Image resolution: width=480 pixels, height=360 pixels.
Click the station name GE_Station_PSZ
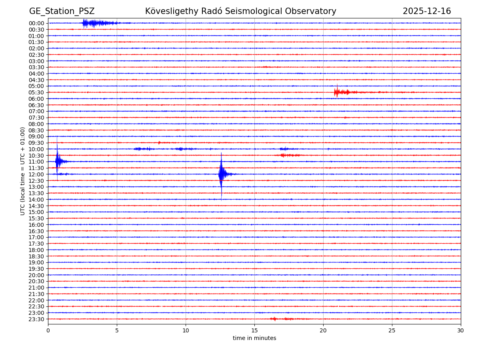62,12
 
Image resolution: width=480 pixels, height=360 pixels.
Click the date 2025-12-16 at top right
426,12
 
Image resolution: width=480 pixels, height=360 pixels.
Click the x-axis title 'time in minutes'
254,338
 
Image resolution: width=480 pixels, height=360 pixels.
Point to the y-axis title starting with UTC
23,171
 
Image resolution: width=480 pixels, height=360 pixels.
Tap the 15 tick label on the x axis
254,331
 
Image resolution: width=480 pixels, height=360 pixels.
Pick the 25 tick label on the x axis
392,331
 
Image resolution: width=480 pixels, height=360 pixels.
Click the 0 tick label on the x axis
48,331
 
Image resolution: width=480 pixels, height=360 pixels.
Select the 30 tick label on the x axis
461,331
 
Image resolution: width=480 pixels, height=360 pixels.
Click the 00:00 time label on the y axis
36,23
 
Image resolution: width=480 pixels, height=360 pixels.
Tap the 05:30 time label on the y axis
36,92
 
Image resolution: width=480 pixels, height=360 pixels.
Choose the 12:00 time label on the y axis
36,174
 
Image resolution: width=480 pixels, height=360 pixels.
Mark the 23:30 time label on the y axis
36,319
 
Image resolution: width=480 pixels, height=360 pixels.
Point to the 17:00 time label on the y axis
36,237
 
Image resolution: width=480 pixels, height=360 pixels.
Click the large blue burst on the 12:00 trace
222,174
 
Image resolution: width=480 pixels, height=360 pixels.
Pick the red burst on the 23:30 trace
274,319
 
